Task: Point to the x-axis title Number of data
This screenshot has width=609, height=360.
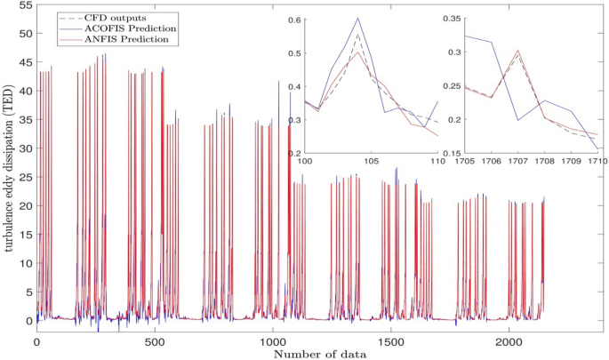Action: coord(320,353)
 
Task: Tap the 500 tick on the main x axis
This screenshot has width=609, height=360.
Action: coord(155,340)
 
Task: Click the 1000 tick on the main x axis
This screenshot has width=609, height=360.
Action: coord(272,340)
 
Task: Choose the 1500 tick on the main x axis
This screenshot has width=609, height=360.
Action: coord(390,340)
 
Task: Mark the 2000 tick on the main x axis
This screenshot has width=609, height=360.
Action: coord(509,340)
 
